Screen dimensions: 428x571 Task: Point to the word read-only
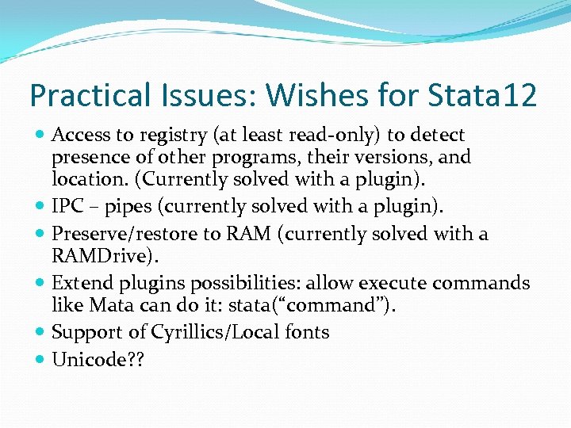(354, 136)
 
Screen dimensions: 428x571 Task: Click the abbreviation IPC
(68, 207)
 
